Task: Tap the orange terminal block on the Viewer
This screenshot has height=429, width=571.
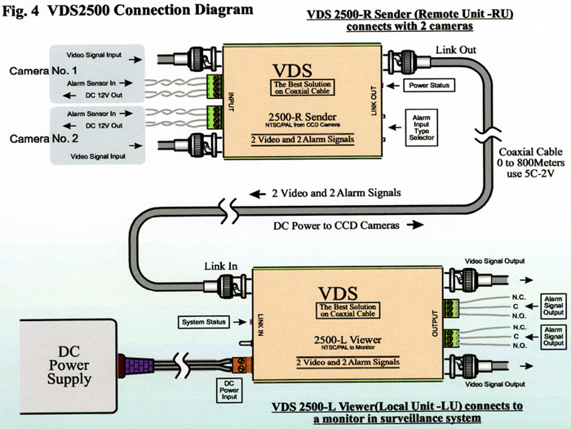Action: pos(243,363)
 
